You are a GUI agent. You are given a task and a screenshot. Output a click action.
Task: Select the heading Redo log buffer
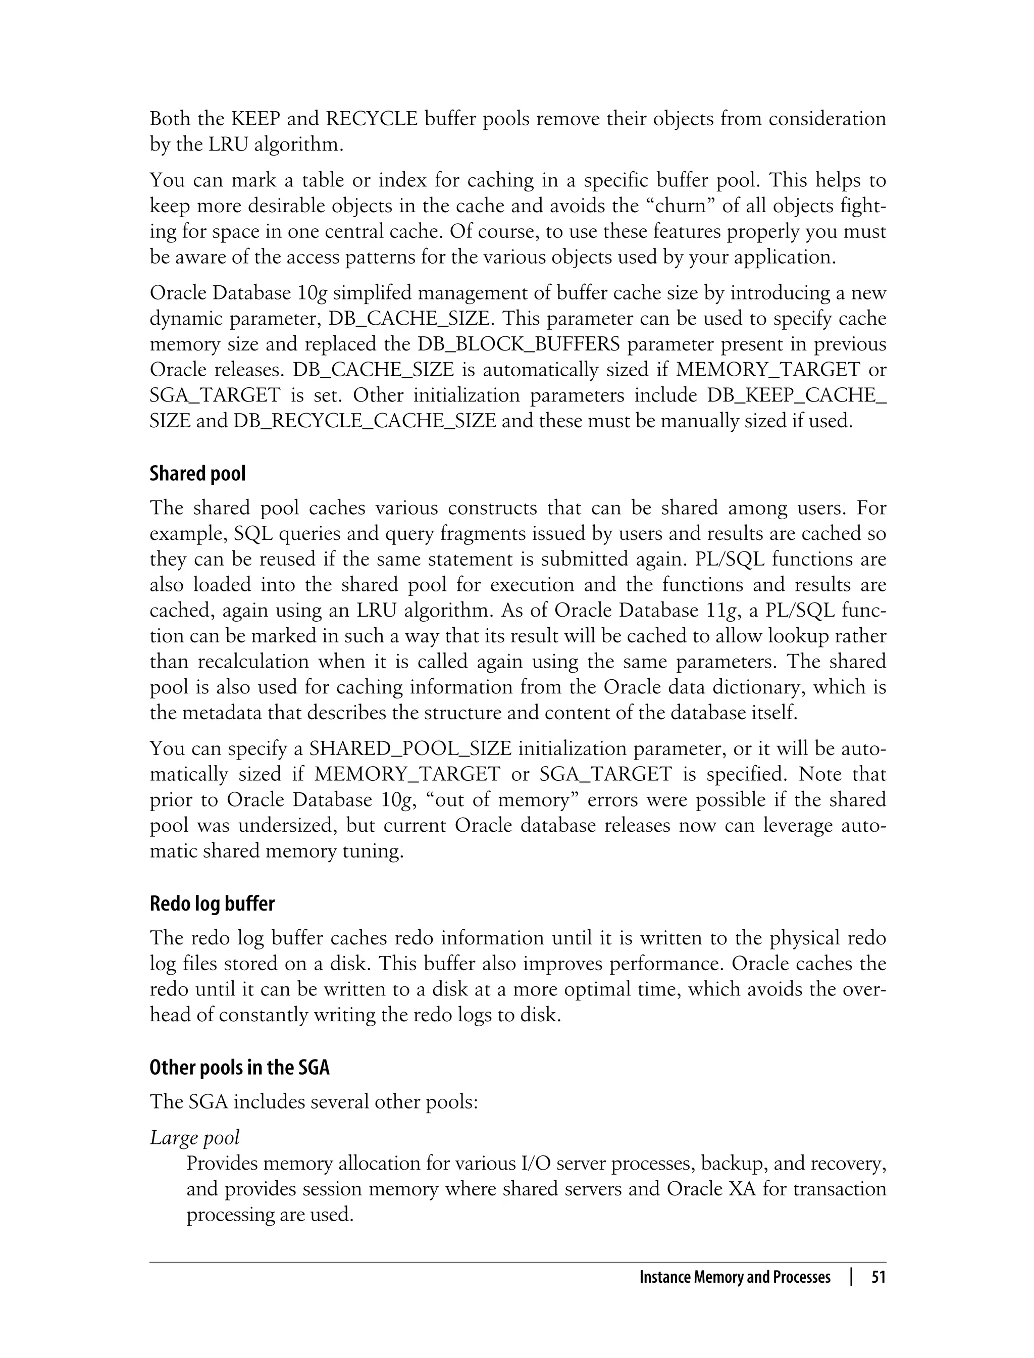point(212,903)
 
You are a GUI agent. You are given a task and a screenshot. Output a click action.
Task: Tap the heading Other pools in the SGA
point(239,1067)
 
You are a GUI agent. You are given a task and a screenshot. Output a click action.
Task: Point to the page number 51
point(878,1277)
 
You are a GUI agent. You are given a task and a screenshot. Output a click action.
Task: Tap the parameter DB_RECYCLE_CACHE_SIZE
point(365,421)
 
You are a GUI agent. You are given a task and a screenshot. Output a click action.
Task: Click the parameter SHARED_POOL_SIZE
point(410,748)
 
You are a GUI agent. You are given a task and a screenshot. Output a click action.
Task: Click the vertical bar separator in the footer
point(851,1277)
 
